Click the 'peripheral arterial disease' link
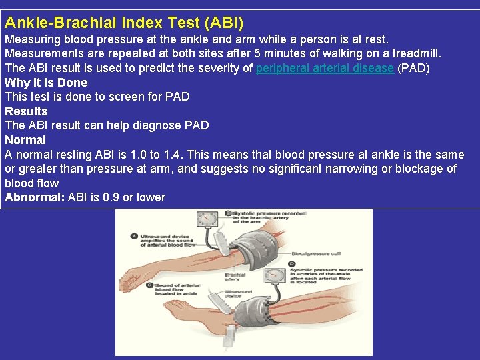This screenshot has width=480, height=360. [x=325, y=68]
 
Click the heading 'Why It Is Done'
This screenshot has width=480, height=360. [x=46, y=83]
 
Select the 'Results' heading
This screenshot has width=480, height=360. [x=26, y=111]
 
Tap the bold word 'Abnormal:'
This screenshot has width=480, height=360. [x=34, y=197]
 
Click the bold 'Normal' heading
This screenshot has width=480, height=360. [x=25, y=140]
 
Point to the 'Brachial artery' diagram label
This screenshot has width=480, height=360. [x=235, y=277]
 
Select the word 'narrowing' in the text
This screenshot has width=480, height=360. [x=351, y=169]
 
